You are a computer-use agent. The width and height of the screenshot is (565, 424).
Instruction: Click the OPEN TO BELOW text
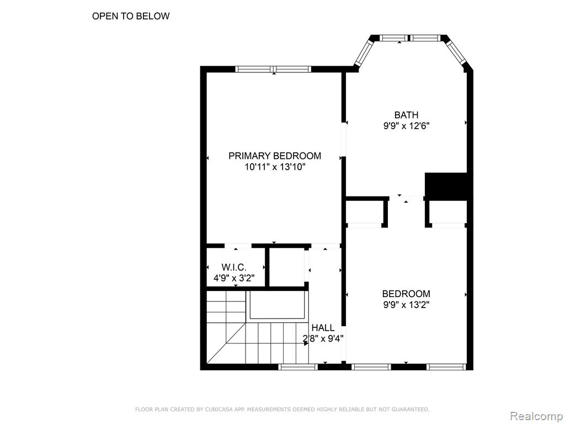click(131, 16)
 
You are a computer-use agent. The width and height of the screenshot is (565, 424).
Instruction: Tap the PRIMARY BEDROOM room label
click(275, 156)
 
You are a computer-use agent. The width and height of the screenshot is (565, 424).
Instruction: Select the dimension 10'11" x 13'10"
click(275, 167)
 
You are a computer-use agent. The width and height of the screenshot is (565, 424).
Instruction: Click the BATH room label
click(406, 115)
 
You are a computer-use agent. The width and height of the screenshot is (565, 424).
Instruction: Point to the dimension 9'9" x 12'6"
click(406, 126)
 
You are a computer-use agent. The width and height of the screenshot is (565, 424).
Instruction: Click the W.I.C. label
click(234, 267)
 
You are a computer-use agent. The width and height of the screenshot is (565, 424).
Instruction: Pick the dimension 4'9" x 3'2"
click(234, 278)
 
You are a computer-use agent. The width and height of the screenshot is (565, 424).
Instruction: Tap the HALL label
click(323, 328)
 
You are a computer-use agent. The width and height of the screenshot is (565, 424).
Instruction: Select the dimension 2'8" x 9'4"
click(323, 338)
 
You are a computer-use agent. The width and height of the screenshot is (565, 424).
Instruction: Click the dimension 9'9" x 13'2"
click(406, 305)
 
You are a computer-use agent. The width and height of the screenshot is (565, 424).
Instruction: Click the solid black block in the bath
click(446, 186)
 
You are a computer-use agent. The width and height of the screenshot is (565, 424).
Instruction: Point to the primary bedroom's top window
click(273, 69)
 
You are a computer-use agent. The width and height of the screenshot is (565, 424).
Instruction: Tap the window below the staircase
click(298, 367)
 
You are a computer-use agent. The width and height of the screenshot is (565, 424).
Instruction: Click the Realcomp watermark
click(536, 416)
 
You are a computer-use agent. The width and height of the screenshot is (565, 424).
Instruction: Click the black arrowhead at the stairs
click(306, 343)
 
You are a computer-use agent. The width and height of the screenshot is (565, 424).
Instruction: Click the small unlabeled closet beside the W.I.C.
click(287, 267)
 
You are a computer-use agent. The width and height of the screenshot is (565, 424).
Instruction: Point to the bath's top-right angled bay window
click(456, 53)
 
